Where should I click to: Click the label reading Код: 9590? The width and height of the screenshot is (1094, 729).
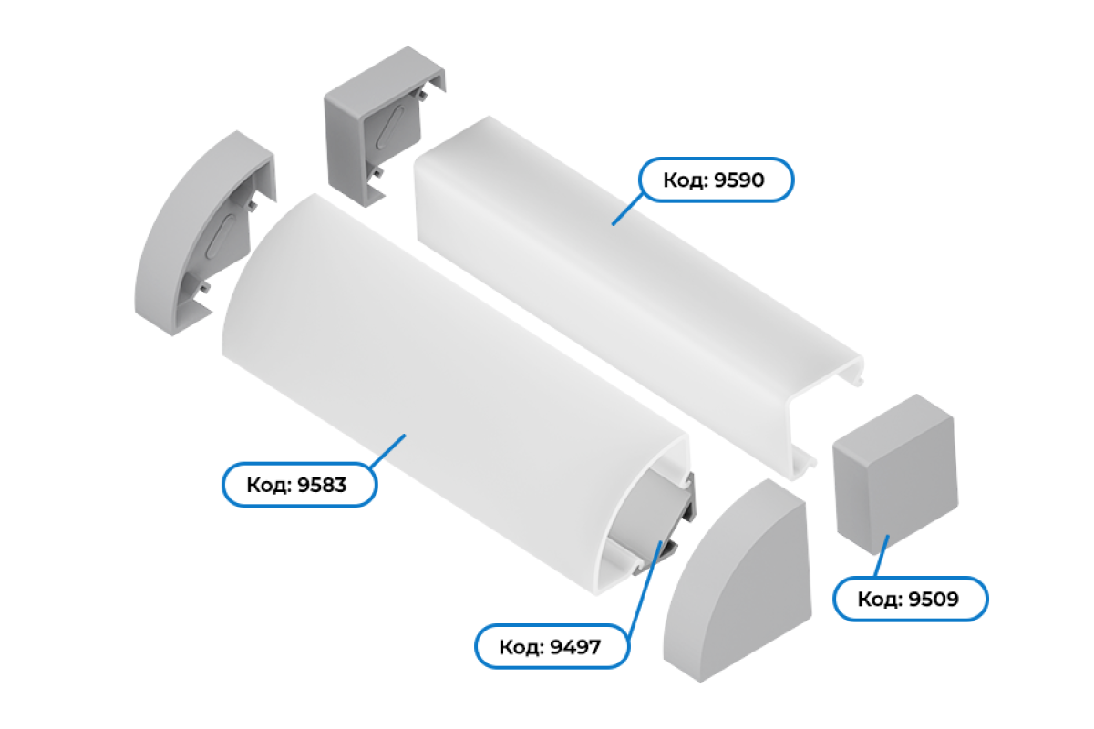[716, 180]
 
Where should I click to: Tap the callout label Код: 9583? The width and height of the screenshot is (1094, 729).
[299, 485]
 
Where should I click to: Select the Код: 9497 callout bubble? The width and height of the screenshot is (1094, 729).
[552, 646]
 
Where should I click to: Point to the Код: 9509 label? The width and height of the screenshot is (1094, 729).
[911, 599]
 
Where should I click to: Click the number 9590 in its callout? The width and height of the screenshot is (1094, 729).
[739, 180]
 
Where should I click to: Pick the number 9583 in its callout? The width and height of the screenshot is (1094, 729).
[322, 486]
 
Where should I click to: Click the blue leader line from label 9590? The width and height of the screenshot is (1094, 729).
[627, 209]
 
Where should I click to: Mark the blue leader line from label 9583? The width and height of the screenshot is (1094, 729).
[387, 451]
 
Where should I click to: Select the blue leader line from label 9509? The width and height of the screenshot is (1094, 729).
[881, 556]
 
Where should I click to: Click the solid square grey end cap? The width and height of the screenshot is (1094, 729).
[895, 474]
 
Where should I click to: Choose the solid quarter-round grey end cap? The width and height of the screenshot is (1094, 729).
[737, 581]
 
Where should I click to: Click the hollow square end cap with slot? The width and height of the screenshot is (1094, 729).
[385, 126]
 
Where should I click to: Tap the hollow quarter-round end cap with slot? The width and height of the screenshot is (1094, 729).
[205, 233]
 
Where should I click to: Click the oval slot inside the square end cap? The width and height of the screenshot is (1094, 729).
[390, 128]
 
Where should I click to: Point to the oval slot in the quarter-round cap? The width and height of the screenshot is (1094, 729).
[222, 237]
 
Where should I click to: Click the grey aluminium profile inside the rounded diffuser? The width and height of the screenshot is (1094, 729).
[652, 525]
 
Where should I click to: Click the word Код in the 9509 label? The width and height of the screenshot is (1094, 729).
[880, 599]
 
